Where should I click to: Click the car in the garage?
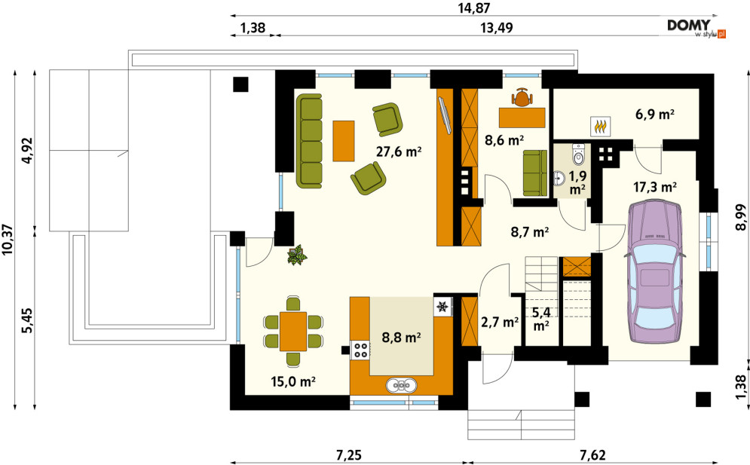[x=654, y=272]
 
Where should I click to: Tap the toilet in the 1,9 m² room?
[x=578, y=153]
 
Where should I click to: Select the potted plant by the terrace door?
[x=297, y=255]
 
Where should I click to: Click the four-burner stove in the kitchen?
[x=360, y=350]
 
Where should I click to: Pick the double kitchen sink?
[x=401, y=384]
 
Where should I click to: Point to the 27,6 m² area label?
[x=399, y=152]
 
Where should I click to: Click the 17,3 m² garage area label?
[x=655, y=187]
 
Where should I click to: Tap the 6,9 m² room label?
[x=655, y=115]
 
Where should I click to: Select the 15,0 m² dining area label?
[x=292, y=381]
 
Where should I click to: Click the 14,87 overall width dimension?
[x=473, y=8]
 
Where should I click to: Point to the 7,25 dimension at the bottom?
[x=349, y=455]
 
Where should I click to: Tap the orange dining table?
[x=293, y=331]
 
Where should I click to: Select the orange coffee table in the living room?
[x=344, y=141]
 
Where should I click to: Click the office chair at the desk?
[x=522, y=97]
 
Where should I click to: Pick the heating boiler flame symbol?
[x=600, y=127]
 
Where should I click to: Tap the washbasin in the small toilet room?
[x=559, y=179]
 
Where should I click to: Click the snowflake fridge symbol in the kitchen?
[x=443, y=306]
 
